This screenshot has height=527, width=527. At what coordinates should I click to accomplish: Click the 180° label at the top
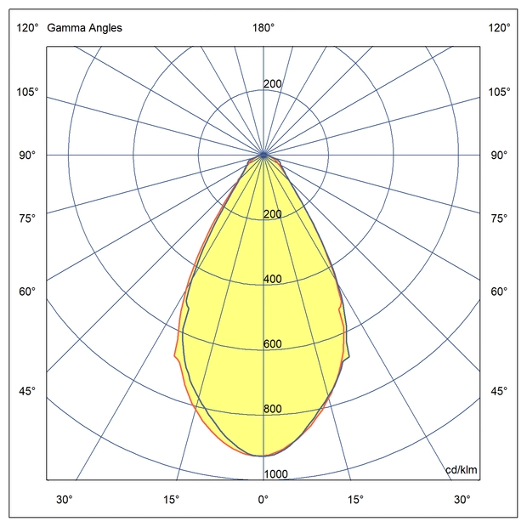point(263,28)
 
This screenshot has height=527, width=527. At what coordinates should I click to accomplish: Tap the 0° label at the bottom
point(263,499)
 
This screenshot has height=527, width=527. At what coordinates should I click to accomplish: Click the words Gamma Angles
point(84,28)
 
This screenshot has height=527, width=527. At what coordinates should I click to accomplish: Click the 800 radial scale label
point(273,409)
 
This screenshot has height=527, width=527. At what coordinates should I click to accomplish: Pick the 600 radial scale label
point(273,344)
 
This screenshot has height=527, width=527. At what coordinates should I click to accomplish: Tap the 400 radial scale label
point(273,280)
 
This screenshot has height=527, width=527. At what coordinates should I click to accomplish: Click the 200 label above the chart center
point(273,84)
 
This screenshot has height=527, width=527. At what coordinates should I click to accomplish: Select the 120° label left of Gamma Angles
point(26,28)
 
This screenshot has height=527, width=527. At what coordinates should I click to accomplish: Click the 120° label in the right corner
point(499,28)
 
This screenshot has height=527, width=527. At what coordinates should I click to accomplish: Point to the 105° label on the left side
point(26,92)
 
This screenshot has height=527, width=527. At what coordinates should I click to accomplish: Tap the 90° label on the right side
point(499,156)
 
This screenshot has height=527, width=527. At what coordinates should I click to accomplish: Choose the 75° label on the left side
point(26,219)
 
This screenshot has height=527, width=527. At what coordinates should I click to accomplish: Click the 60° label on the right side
point(499,292)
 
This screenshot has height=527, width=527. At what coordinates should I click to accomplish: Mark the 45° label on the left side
point(26,391)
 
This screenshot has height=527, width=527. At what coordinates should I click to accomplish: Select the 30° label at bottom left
point(65,499)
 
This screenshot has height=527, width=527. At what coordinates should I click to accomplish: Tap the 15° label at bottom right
point(355,499)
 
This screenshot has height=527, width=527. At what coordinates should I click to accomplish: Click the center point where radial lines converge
point(263,155)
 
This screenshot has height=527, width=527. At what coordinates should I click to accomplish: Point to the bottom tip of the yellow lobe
point(263,456)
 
